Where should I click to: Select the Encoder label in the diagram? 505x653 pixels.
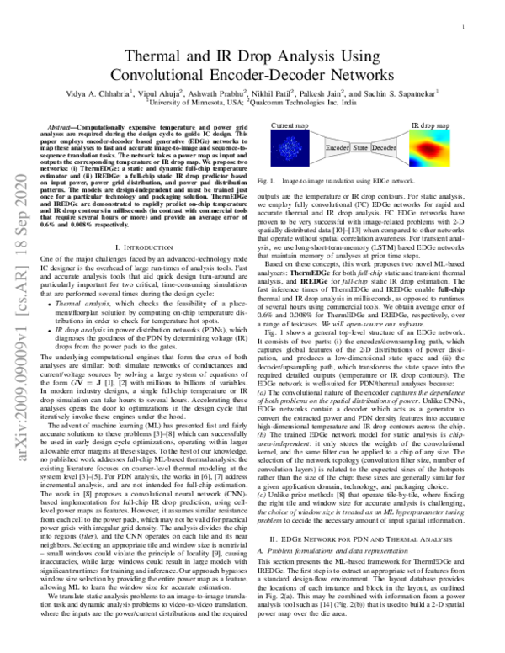337,147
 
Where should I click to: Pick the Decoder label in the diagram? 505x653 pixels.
384,147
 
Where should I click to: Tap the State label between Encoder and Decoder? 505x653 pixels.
360,147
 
